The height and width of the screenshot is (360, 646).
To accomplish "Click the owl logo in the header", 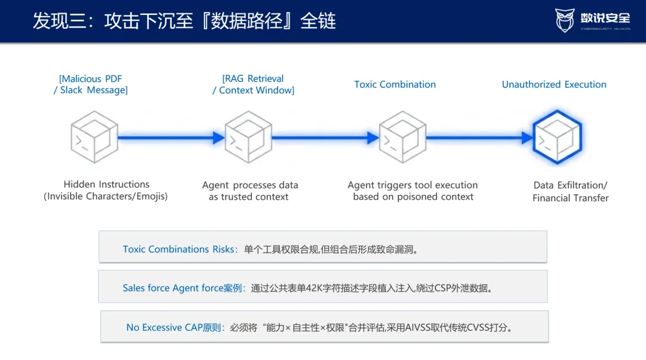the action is pos(565,20).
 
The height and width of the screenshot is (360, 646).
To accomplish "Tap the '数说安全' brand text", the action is pos(605,19).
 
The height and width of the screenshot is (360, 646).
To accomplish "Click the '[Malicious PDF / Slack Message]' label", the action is pos(91,84).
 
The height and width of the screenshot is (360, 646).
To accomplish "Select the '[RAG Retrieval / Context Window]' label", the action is pos(254,84).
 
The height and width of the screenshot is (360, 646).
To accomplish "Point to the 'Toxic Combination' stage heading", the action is pos(395,84).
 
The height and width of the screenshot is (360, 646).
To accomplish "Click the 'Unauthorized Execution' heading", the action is pos(554,84).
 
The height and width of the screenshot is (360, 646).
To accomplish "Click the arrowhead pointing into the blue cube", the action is pos(527,138).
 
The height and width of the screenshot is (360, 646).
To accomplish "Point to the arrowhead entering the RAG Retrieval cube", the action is pos(219,138).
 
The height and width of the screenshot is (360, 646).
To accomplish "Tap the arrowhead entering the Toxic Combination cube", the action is pos(373,138).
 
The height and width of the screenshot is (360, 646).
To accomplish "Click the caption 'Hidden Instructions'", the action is pos(106,184).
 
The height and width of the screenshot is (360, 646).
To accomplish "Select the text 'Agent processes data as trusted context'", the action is pos(249,191).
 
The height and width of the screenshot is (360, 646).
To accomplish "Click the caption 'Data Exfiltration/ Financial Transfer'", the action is pos(570,191).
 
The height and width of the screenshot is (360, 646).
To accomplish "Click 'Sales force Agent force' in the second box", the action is pos(173,288).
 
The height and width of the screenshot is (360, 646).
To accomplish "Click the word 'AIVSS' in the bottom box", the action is pos(418,328).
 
